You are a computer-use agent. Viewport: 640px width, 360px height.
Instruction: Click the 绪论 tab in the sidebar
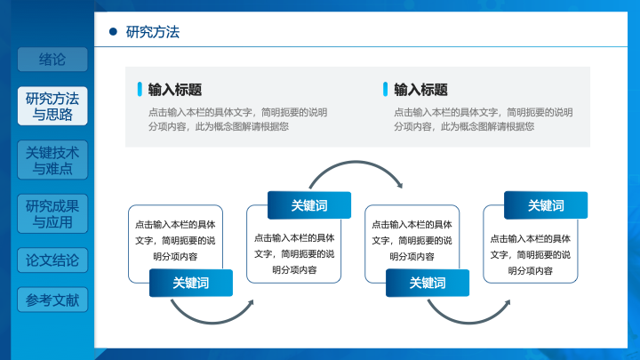tap(52, 60)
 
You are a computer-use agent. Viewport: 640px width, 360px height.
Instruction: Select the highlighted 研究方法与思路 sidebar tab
tap(52, 106)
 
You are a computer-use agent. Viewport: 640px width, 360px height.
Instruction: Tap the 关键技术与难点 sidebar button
tap(52, 160)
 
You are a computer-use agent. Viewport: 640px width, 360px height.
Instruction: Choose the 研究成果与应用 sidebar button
tap(52, 214)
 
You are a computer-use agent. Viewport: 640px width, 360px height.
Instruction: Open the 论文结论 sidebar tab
tap(52, 260)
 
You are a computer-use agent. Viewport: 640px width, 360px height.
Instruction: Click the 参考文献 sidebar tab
tap(52, 300)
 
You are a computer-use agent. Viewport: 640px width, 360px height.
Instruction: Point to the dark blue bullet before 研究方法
tap(113, 31)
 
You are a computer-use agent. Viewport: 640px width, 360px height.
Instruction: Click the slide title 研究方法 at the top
tap(153, 32)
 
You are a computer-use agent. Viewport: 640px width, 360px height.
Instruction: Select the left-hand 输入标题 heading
tap(175, 90)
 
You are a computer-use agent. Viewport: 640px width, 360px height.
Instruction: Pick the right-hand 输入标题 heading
tap(420, 90)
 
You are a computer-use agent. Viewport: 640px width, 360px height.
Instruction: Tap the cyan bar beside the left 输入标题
tap(140, 90)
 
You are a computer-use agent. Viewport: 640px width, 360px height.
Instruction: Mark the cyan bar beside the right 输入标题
tap(385, 90)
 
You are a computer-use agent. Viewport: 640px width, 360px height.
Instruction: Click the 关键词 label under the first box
tap(191, 283)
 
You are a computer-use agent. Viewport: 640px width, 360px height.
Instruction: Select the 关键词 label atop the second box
tap(309, 205)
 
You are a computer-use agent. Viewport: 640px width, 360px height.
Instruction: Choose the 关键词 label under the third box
tap(428, 283)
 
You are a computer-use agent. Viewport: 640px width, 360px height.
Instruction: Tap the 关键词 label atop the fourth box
tap(546, 205)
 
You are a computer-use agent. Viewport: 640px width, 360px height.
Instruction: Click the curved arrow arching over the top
tap(356, 162)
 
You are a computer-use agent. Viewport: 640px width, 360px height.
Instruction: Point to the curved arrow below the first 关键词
tap(212, 323)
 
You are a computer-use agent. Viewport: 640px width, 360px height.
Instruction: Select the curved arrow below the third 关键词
tap(468, 323)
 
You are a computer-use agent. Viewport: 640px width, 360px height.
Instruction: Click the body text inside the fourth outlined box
tap(530, 255)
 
